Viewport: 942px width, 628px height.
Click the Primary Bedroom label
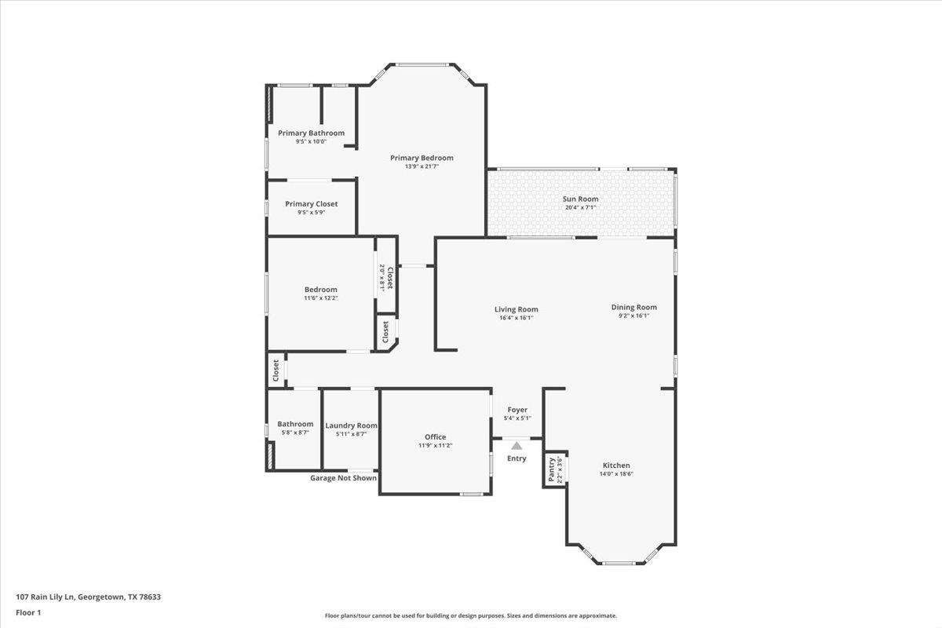[x=422, y=158]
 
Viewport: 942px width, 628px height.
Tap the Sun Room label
[x=580, y=199]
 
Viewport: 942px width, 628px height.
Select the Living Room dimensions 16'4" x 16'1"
[x=516, y=318]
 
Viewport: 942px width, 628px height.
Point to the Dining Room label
[x=633, y=307]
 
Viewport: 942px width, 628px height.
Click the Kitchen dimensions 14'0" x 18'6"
[x=616, y=474]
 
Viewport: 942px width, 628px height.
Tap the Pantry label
[x=552, y=469]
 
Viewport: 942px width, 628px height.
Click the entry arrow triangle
[x=517, y=446]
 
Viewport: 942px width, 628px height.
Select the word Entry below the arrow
[x=517, y=458]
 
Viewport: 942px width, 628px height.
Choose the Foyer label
[x=517, y=410]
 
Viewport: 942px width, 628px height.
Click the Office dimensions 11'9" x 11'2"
[x=435, y=446]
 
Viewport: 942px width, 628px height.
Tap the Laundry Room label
[x=351, y=425]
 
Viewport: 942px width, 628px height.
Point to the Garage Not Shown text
[x=343, y=478]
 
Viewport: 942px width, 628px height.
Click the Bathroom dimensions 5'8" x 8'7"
[x=295, y=433]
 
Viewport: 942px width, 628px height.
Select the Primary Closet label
[x=311, y=204]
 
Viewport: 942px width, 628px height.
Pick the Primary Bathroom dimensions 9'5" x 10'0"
[x=311, y=142]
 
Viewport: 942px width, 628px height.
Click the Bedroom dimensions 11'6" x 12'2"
[x=320, y=298]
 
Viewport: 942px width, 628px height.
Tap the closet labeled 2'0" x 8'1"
[x=385, y=278]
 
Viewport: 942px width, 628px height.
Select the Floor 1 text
[x=27, y=612]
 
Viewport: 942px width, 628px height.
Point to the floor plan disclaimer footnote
[x=471, y=616]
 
